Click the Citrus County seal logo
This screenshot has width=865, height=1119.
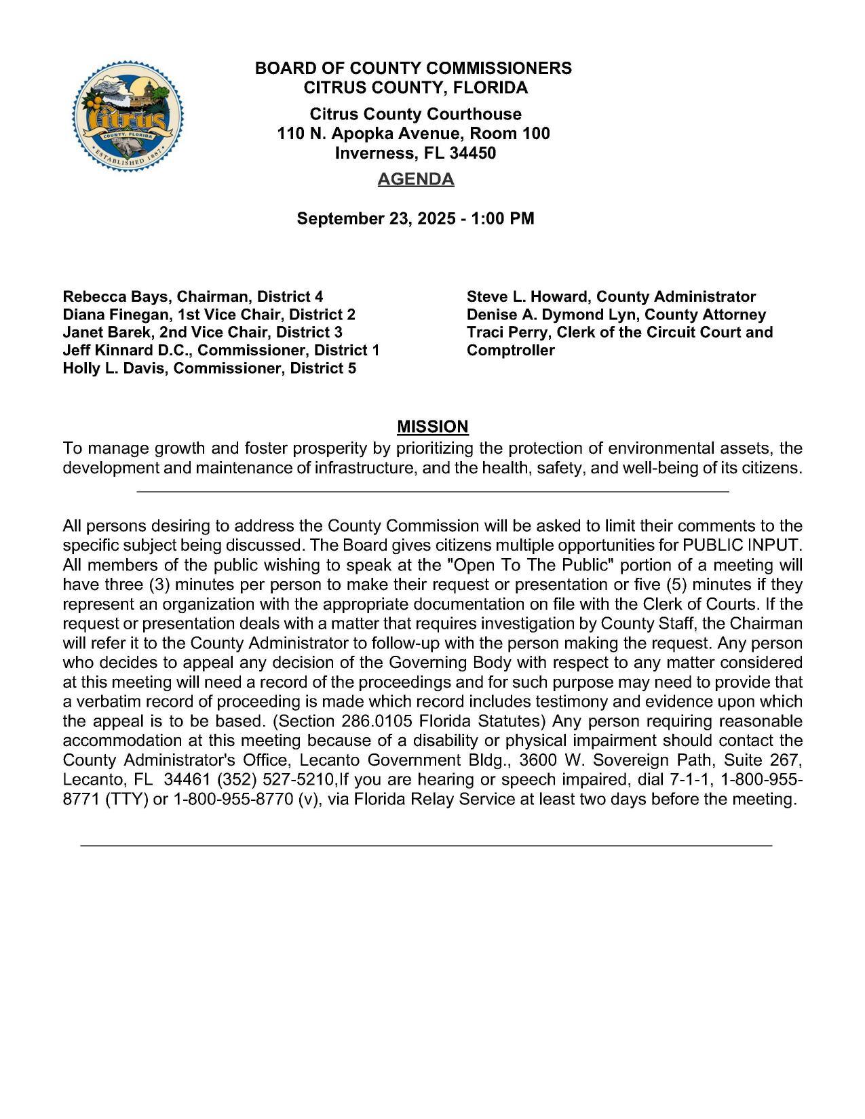[128, 117]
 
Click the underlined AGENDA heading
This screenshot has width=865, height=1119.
[415, 179]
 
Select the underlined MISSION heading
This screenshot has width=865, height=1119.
[432, 427]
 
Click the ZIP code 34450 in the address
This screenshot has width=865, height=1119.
[472, 153]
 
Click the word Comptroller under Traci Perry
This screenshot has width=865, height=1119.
[510, 351]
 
